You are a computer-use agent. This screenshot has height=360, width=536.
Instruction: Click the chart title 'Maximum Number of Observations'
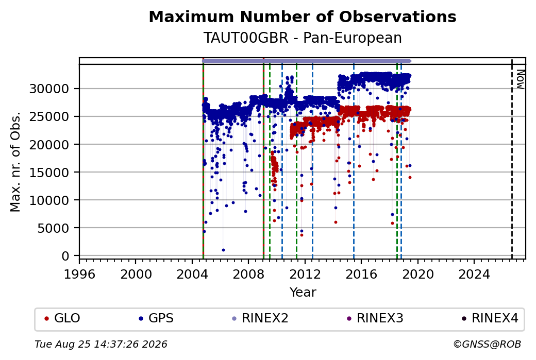(x=303, y=16)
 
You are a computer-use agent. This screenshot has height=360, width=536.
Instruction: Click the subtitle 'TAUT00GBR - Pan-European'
(x=303, y=38)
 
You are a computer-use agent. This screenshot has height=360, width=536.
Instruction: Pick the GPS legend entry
(x=156, y=318)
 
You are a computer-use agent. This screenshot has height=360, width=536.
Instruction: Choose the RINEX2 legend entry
(x=260, y=318)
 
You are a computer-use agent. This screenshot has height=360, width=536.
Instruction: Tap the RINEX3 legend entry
(x=375, y=318)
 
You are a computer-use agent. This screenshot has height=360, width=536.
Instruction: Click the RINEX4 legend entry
(x=490, y=318)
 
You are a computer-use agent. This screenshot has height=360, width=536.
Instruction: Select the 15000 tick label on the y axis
(x=49, y=173)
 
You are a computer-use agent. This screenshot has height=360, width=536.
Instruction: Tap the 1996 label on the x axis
(x=80, y=275)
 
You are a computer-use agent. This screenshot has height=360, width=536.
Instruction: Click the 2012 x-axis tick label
(x=305, y=275)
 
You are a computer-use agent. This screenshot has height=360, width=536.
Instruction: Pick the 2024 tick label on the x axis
(x=474, y=275)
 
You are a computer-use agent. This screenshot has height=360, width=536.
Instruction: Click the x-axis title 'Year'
(x=303, y=293)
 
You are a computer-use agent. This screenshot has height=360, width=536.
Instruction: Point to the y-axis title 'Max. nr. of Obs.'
(x=15, y=161)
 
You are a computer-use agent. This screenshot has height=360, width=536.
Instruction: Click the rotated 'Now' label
(x=520, y=79)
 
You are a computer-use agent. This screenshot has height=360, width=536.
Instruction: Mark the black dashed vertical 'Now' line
(x=512, y=159)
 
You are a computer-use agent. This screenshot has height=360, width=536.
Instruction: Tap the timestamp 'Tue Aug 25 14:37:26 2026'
(x=101, y=344)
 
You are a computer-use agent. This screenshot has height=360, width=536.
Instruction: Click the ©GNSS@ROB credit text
(x=488, y=344)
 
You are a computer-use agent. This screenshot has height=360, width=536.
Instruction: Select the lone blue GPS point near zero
(x=223, y=250)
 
